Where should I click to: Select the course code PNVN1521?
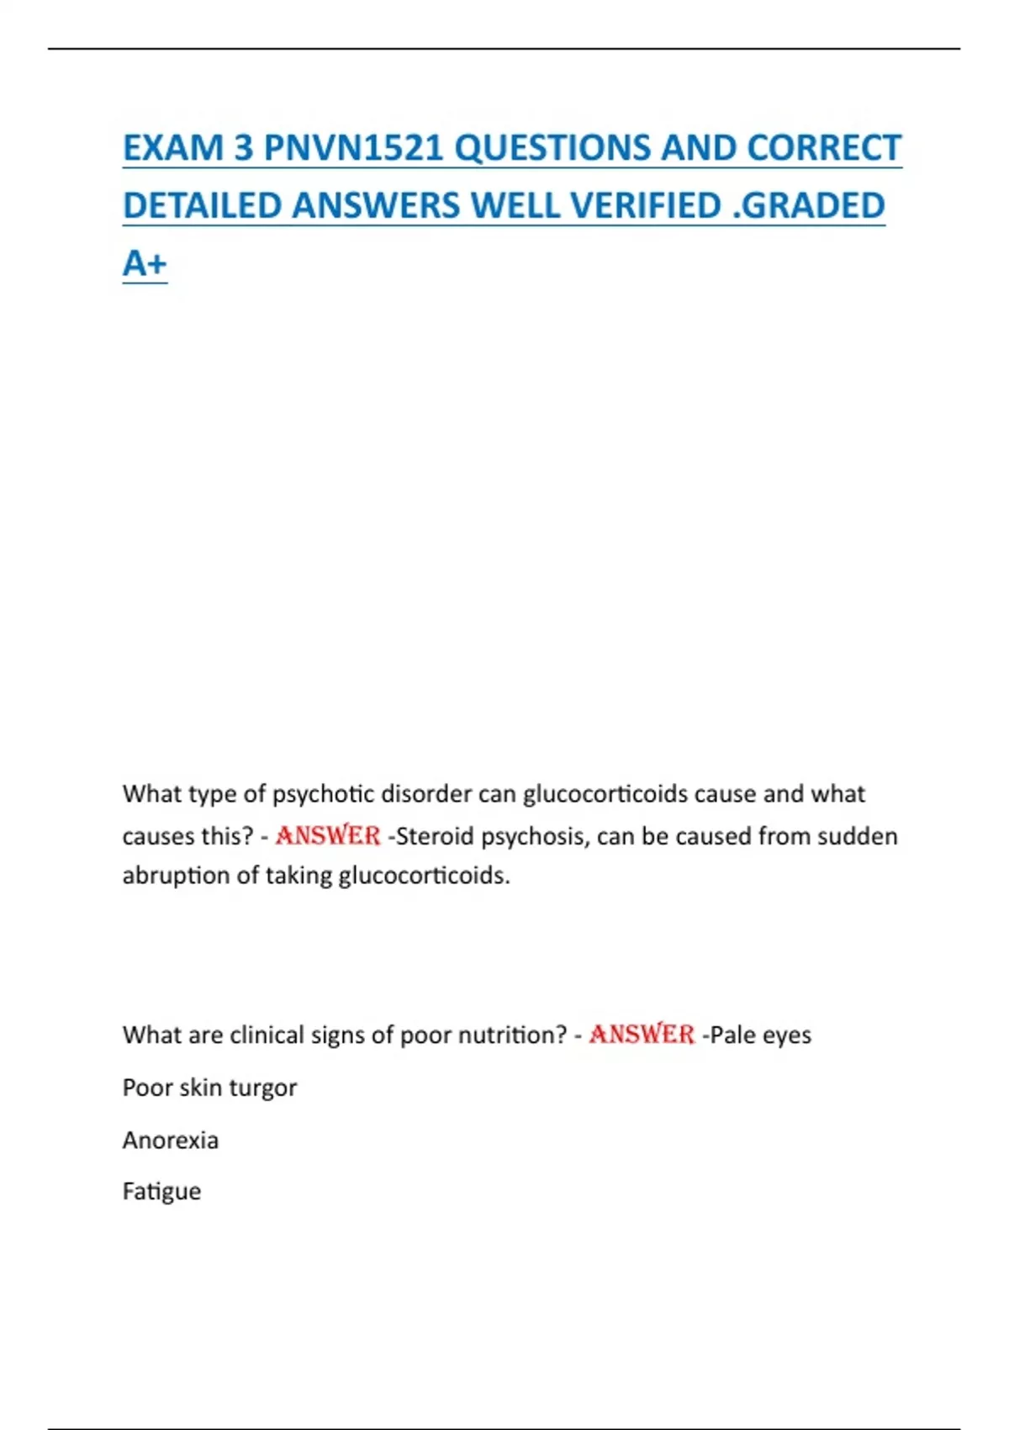353,148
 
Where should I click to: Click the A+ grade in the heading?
145,263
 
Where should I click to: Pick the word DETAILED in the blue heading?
202,206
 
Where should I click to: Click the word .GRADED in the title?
809,206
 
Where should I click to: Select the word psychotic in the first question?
324,794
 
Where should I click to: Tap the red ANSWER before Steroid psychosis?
328,836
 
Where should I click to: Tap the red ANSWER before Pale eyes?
642,1035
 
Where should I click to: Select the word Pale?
731,1035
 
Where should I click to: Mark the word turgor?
262,1088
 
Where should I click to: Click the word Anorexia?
171,1141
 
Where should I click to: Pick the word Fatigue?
161,1192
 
